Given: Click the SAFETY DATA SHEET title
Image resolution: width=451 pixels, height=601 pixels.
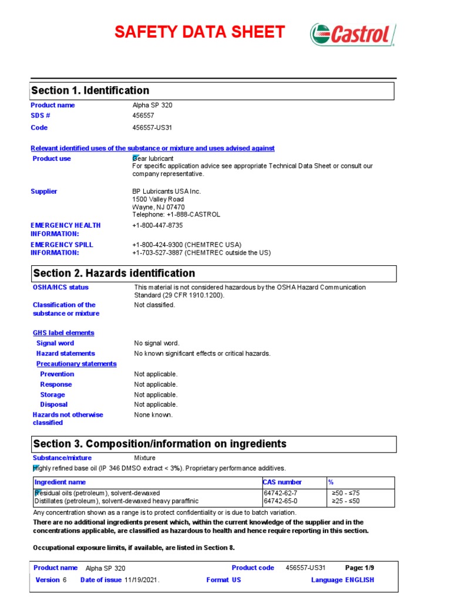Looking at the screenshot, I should (x=200, y=32).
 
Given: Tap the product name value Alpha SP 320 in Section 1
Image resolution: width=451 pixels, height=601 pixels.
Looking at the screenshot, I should (x=152, y=105).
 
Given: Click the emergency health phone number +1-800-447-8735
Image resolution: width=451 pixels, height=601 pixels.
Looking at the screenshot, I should (x=157, y=225).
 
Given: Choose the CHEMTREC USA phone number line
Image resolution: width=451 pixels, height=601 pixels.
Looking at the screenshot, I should (x=187, y=245).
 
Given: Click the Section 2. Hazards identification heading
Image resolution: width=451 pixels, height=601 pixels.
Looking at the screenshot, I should (x=114, y=274).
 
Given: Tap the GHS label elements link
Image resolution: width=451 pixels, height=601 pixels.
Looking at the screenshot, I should (x=63, y=333).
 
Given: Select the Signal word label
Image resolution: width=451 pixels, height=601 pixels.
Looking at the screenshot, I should (x=55, y=343).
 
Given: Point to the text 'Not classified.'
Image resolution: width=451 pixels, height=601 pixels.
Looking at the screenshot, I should (x=154, y=305).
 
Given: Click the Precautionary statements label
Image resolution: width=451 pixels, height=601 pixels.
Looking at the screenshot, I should (x=76, y=364).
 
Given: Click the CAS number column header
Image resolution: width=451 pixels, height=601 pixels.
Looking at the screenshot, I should (x=282, y=482).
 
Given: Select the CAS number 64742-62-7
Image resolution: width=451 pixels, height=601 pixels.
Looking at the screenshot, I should (x=281, y=493).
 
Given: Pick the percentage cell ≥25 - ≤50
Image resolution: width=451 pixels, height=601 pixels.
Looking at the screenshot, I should (x=346, y=501).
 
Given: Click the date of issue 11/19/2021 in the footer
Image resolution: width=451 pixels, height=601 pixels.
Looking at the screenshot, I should (x=142, y=580).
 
